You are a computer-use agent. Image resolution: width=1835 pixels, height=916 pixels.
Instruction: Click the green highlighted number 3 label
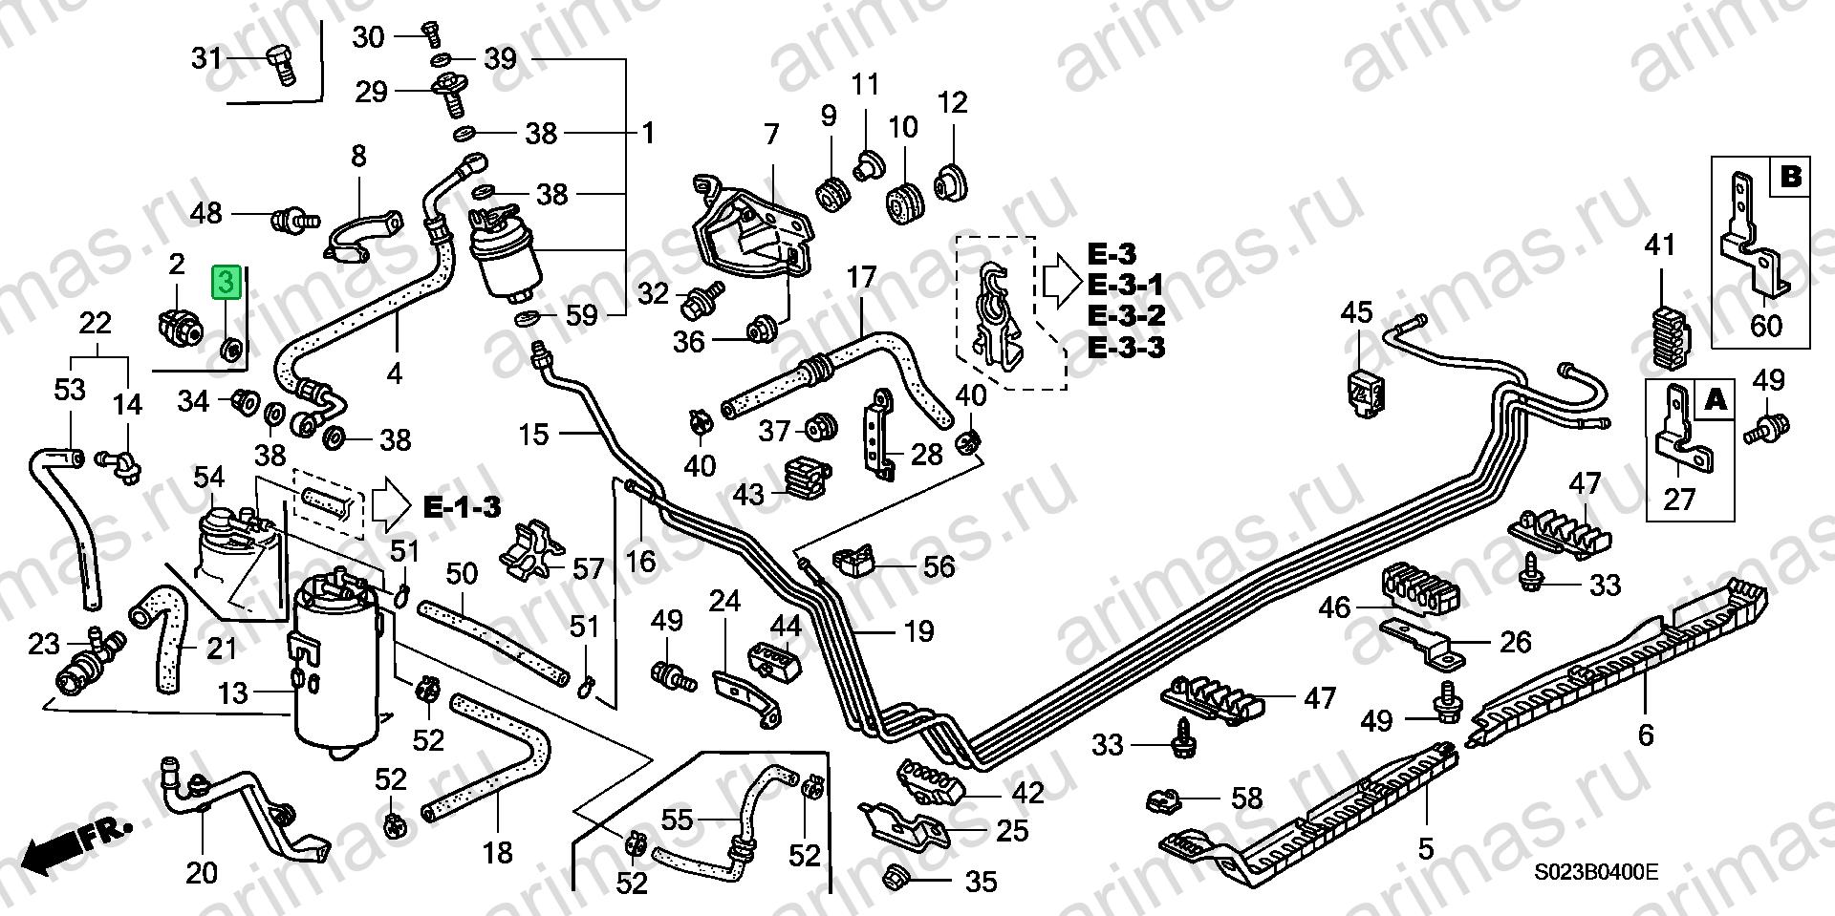[x=225, y=283]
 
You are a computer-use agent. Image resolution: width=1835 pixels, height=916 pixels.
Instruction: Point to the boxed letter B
[x=1790, y=177]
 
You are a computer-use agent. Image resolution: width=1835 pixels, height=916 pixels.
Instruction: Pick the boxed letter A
[x=1716, y=399]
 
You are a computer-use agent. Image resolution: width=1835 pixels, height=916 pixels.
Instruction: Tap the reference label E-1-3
[x=462, y=507]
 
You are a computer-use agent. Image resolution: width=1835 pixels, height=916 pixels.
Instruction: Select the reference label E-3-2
[x=1126, y=315]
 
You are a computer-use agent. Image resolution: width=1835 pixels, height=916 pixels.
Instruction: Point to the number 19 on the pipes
[x=918, y=631]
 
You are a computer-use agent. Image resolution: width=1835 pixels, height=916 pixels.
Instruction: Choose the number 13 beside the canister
[x=233, y=693]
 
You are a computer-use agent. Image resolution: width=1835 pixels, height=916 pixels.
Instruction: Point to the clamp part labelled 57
[x=532, y=553]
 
